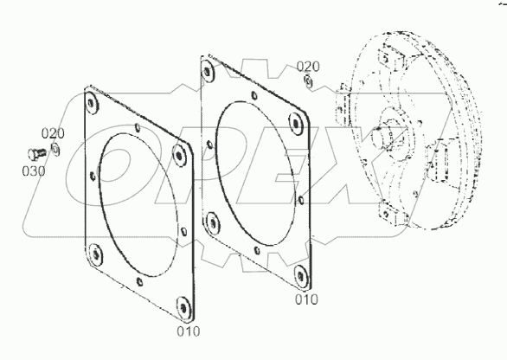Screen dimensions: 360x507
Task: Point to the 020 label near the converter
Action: (x=308, y=67)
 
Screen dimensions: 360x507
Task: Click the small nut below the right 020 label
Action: (x=308, y=81)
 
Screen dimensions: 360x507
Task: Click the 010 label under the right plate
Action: (x=305, y=299)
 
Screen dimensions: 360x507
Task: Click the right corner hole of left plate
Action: (x=180, y=155)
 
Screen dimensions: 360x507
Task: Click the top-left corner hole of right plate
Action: (x=208, y=70)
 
